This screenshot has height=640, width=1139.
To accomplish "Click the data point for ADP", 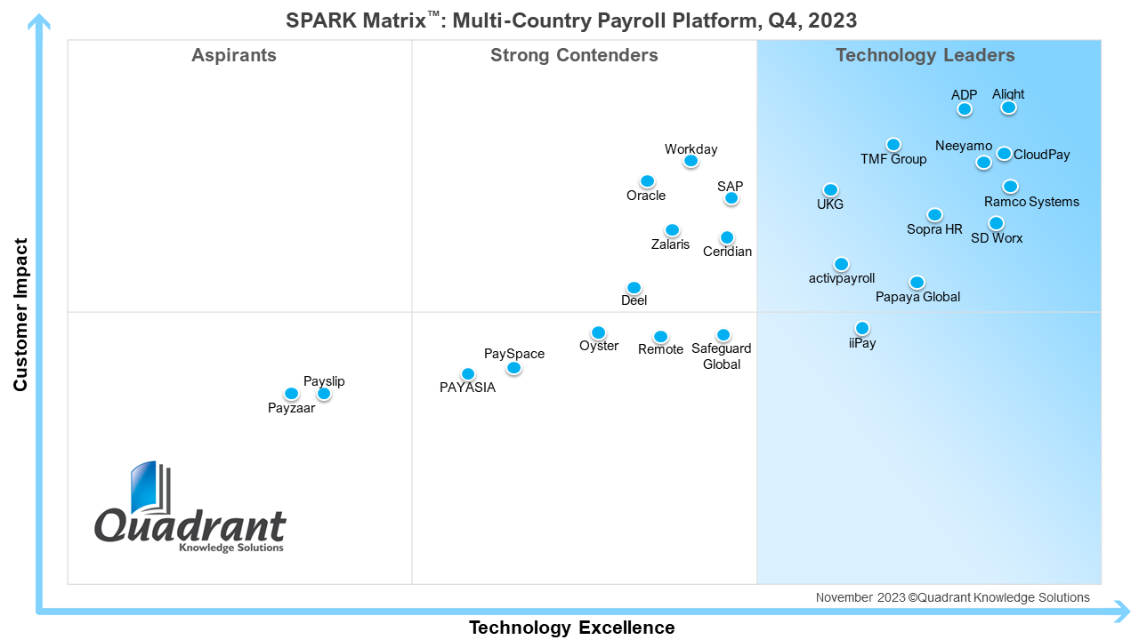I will point(964,109).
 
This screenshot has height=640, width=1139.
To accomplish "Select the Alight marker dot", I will point(1008,108).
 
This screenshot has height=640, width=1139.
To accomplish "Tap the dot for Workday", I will point(691,161).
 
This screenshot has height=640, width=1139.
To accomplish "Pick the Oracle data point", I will point(648,181).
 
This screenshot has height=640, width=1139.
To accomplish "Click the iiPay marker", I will point(862,328).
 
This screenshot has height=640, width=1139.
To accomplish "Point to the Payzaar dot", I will point(291,394).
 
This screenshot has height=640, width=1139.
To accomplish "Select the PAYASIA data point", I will point(468,374).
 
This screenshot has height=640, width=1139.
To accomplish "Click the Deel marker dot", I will point(634,287).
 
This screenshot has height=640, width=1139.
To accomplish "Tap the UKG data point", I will point(830,189).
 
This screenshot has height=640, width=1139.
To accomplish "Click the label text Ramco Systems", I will point(1031,202).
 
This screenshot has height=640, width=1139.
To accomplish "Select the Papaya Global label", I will point(917,297).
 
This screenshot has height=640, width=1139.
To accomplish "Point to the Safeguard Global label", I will point(722,356).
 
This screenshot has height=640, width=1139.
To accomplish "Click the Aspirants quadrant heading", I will point(234,55).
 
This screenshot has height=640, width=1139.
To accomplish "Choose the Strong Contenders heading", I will point(574,55).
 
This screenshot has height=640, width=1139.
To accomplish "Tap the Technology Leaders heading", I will point(925,55).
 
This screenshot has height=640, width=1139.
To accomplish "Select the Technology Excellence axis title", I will point(571,628).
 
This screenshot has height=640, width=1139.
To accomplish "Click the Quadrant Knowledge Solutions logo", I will point(190,511).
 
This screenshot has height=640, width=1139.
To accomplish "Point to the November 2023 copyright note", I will point(952,597).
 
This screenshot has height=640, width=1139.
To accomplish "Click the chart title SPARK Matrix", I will point(571,20).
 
